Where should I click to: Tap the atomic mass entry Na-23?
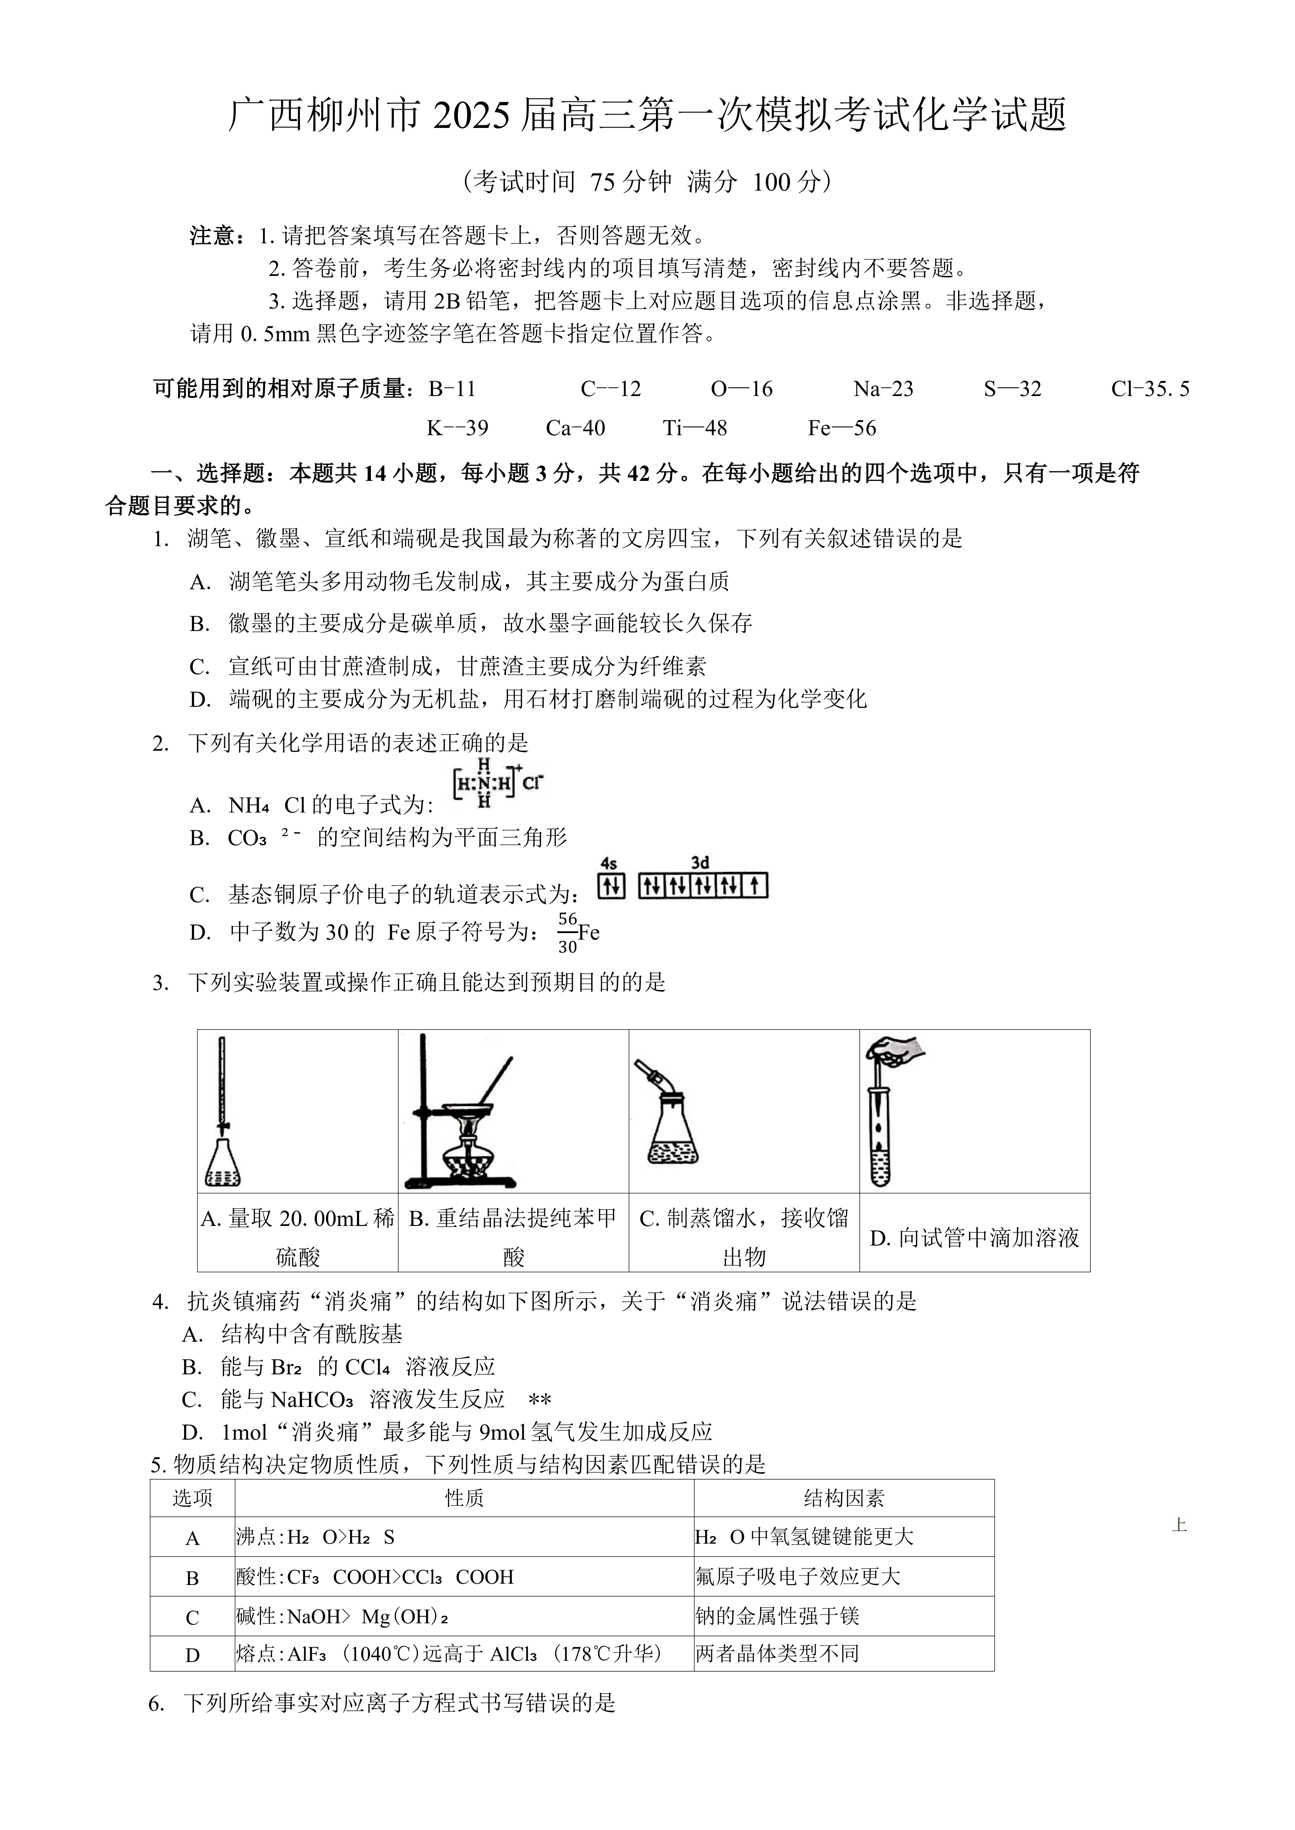[883, 389]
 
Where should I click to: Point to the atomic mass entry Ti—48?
[695, 428]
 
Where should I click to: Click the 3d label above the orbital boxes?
[700, 863]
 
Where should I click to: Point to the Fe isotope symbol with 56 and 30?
[579, 933]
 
